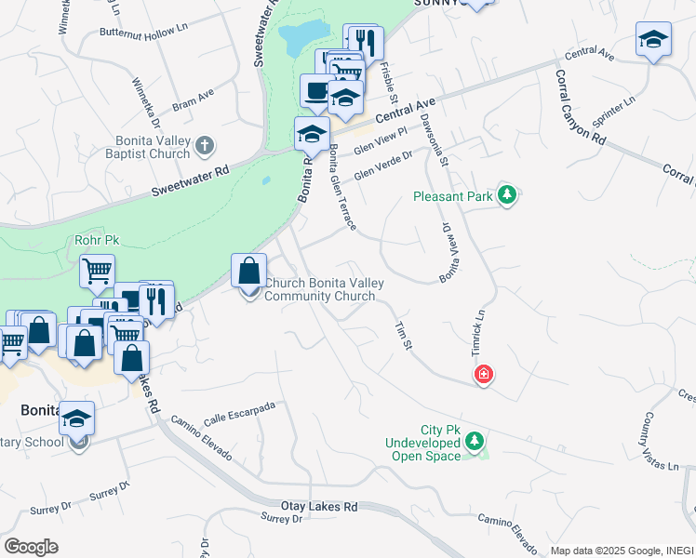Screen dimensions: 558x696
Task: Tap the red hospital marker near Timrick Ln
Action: (x=484, y=375)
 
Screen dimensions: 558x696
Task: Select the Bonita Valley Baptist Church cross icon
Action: (x=206, y=145)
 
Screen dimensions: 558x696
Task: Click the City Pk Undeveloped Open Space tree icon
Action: (x=475, y=440)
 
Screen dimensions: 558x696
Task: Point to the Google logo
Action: (x=31, y=547)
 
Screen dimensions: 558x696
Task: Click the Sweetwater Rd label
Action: (x=190, y=183)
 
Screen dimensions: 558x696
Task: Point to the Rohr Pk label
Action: (x=98, y=240)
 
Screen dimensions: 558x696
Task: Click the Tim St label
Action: (x=403, y=336)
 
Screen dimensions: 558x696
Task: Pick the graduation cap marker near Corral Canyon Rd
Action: (x=654, y=40)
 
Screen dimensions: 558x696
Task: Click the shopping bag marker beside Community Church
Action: (x=249, y=272)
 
